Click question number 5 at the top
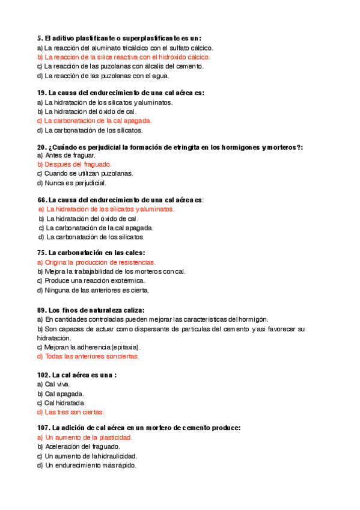click(40, 37)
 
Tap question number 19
click(41, 93)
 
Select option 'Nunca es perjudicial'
click(75, 182)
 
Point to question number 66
click(42, 199)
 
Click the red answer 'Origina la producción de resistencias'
click(100, 262)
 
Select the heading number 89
click(41, 310)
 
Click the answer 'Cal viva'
click(58, 384)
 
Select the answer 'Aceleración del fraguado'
click(83, 447)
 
